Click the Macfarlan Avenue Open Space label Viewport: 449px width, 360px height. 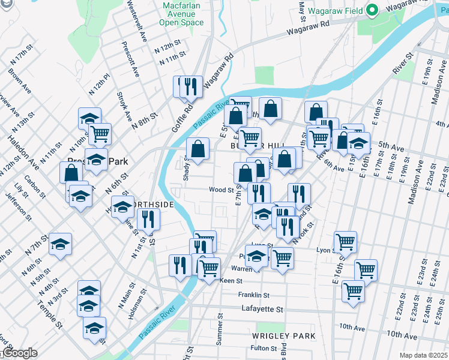coord(181,14)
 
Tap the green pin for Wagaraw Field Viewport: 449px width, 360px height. coord(372,10)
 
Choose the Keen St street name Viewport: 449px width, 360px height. coord(231,280)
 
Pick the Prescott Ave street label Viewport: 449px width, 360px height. coord(127,56)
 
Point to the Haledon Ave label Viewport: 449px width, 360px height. coord(23,152)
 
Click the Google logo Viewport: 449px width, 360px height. coord(19,353)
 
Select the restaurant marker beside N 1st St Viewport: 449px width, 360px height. coord(148,220)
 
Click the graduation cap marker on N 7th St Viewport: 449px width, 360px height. coord(61,244)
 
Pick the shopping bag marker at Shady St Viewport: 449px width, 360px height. coord(197,149)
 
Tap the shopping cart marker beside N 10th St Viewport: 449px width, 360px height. coord(100,133)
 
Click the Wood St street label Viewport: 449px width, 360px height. coord(221,190)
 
